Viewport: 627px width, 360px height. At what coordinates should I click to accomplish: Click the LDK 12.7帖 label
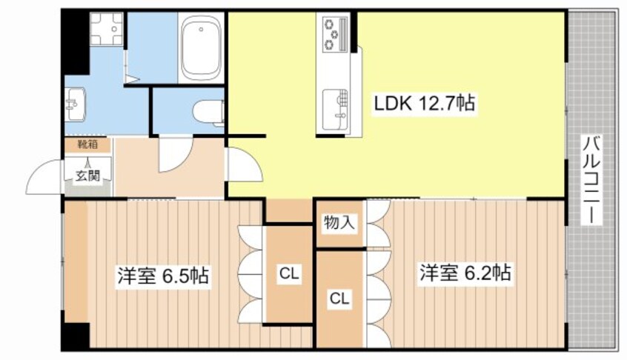pos(423,105)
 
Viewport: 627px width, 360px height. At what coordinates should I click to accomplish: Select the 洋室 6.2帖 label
pos(465,273)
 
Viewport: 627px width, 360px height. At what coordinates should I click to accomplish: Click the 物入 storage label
pos(339,222)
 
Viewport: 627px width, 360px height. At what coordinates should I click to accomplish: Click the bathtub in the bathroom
pos(202,49)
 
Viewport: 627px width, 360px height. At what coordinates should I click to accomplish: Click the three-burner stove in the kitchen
pos(332,33)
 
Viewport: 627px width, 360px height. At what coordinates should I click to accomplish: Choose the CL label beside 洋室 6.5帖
pos(288,274)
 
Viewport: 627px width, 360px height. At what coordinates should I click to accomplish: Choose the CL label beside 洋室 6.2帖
pos(339,299)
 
